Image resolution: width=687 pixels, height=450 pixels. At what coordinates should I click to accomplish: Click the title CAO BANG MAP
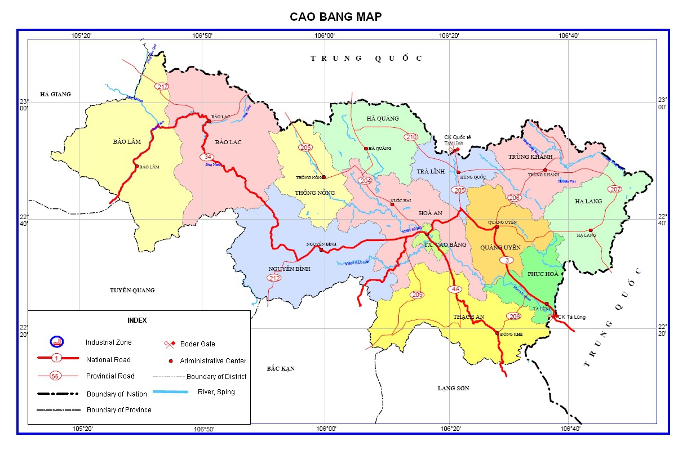(x=335, y=17)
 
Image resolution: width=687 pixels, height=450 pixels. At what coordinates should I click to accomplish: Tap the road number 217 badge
(x=162, y=86)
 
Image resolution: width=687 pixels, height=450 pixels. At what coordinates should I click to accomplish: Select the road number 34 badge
(x=208, y=157)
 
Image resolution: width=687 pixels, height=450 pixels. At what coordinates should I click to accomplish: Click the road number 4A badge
(x=455, y=289)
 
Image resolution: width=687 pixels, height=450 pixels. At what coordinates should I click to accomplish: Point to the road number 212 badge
(x=274, y=278)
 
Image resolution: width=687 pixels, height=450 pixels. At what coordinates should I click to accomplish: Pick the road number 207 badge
(x=615, y=189)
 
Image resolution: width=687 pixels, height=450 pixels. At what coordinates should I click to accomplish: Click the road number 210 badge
(x=411, y=137)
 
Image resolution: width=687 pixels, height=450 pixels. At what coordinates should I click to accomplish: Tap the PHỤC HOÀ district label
(x=543, y=274)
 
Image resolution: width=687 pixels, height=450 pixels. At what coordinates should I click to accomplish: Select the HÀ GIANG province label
(x=55, y=94)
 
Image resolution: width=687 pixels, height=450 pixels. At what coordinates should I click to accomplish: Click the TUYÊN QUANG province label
(x=132, y=290)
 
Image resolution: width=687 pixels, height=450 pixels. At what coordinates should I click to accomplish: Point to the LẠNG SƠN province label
(x=454, y=388)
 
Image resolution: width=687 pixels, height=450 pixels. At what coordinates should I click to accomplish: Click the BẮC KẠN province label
(x=281, y=368)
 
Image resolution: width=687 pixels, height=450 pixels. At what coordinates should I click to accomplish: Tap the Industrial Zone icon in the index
(x=57, y=342)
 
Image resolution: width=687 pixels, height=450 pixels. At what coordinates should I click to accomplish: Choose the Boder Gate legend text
(x=197, y=344)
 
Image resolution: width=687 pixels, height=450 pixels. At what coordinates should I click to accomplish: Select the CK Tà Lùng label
(x=571, y=317)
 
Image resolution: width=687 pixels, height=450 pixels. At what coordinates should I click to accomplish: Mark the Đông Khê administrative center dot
(x=497, y=333)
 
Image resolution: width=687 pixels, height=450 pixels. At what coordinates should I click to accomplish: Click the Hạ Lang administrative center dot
(x=590, y=230)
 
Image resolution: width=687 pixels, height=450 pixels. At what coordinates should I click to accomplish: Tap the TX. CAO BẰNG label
(x=445, y=245)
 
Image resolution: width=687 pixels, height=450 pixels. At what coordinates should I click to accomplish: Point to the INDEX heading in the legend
(x=137, y=320)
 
